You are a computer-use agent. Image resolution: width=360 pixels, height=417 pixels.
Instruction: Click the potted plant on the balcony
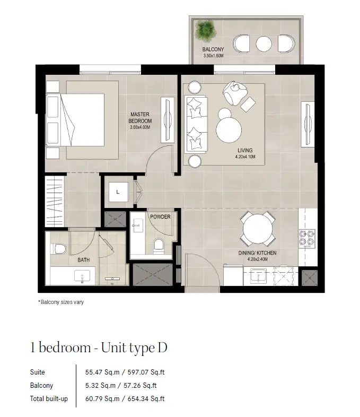(205, 31)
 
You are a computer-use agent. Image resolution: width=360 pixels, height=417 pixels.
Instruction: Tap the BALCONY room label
(213, 49)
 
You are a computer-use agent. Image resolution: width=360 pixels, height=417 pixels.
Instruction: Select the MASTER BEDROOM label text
(140, 118)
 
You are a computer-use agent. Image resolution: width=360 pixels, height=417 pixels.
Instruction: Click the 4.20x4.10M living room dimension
(245, 157)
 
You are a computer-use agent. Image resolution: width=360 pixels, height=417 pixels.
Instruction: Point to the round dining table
(258, 229)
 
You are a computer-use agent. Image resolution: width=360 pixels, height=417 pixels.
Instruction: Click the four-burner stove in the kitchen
(307, 239)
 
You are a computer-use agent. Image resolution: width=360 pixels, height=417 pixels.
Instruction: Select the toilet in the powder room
(159, 246)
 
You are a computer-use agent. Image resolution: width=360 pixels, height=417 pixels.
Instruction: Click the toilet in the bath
(58, 249)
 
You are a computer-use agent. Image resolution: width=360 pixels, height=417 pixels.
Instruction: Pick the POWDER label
(160, 217)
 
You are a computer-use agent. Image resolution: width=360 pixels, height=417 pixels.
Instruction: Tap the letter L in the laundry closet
(118, 192)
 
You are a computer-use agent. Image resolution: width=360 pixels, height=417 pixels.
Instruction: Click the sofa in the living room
(196, 125)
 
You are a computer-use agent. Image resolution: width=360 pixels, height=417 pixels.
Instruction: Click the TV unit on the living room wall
(308, 124)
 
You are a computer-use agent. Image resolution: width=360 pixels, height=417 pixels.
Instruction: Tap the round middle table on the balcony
(264, 44)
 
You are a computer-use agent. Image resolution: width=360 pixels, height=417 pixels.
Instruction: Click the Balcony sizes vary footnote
(61, 302)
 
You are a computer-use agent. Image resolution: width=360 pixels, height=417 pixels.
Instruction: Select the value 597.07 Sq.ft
(146, 372)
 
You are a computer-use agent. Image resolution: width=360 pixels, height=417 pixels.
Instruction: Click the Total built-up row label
(49, 398)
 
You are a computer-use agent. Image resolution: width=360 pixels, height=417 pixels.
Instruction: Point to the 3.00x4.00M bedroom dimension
(140, 127)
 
